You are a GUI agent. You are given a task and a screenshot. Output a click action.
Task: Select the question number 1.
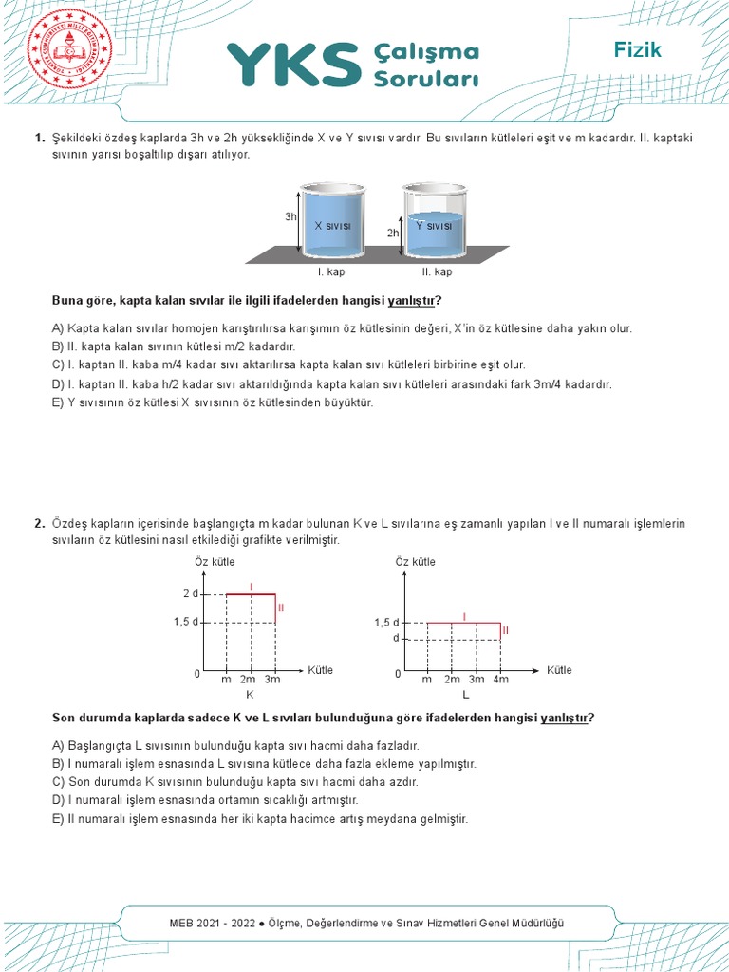point(40,138)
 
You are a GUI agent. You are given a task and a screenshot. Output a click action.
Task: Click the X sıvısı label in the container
point(333,225)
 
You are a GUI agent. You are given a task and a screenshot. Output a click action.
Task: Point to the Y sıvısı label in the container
point(433,225)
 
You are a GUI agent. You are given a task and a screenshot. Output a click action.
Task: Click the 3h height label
point(290,216)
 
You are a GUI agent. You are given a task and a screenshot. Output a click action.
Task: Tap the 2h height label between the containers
point(392,233)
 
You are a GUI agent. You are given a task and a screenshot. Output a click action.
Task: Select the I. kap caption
point(331,271)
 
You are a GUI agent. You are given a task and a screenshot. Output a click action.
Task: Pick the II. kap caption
point(438,271)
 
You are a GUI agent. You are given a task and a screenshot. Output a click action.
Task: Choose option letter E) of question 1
point(58,402)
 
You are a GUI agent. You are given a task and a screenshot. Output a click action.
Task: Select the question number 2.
point(40,524)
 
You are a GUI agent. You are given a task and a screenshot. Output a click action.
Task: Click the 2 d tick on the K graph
point(190,594)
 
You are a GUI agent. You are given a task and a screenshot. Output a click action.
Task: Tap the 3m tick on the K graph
point(273,680)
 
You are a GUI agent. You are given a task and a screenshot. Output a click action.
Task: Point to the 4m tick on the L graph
point(500,680)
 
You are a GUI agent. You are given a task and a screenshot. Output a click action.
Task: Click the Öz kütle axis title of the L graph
point(415,562)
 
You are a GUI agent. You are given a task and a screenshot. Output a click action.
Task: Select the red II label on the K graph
point(281,607)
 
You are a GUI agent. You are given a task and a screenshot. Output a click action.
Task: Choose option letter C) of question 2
point(58,782)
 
